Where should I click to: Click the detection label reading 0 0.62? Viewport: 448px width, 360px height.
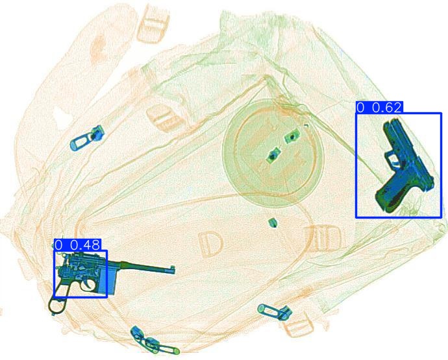[379, 108]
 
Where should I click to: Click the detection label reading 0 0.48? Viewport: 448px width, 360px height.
[77, 245]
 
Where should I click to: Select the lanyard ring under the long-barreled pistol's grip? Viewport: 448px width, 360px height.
[56, 306]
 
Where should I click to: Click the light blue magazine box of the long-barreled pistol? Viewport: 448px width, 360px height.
[107, 282]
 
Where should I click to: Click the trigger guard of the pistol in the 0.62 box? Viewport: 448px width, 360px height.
[392, 159]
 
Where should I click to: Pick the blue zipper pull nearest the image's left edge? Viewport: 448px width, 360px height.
[86, 138]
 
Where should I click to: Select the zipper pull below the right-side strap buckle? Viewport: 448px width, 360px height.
[275, 312]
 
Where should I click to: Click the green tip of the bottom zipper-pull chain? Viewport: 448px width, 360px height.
[177, 351]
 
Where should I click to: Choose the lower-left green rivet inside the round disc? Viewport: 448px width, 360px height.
[273, 155]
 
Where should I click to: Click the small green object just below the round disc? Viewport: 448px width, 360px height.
[273, 222]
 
